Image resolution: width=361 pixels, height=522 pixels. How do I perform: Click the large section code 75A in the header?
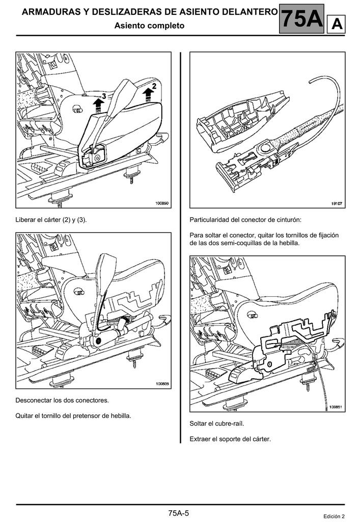[302, 19]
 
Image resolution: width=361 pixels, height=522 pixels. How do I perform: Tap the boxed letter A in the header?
[337, 24]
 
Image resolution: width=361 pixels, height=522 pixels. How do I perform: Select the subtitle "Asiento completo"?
[149, 25]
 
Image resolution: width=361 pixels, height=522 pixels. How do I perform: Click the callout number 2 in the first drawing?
[154, 86]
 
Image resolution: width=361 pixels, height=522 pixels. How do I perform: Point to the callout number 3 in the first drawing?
[104, 96]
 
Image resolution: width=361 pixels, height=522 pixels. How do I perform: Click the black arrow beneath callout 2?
[147, 95]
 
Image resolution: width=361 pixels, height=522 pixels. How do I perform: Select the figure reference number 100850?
[162, 203]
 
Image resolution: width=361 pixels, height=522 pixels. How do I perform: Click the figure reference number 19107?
[337, 203]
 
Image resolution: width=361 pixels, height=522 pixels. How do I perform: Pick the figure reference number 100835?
[162, 384]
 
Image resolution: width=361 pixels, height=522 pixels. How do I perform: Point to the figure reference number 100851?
[336, 407]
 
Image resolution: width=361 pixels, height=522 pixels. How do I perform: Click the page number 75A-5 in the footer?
[179, 513]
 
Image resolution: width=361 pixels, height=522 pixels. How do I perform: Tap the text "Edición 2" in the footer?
[334, 516]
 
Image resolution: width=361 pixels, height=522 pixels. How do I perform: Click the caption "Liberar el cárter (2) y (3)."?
[51, 220]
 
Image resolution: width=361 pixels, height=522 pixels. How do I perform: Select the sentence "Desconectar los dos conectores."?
[62, 400]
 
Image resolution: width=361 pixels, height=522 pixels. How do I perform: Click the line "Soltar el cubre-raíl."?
[217, 424]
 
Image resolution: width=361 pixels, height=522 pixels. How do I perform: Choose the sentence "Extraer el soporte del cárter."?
[230, 439]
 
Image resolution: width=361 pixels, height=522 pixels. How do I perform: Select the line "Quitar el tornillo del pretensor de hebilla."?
[73, 416]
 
